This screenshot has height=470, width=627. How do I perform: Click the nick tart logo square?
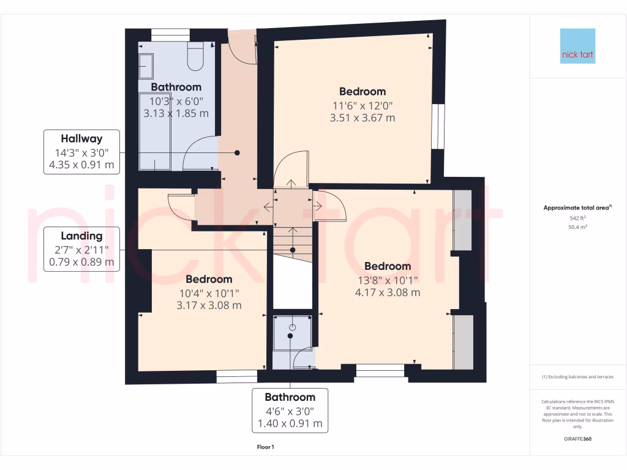[577, 46]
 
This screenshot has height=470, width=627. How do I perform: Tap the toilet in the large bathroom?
[196, 56]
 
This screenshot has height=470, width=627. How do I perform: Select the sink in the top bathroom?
[147, 64]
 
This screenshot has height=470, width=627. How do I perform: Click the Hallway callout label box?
[81, 152]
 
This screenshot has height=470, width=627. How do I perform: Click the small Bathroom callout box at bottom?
[290, 410]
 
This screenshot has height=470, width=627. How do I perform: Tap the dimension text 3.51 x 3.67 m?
[362, 117]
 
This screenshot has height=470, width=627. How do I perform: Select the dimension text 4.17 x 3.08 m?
[388, 292]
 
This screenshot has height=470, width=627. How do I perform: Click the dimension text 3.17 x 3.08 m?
[209, 305]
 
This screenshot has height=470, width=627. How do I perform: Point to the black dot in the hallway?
[237, 153]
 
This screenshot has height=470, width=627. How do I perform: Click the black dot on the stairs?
[293, 250]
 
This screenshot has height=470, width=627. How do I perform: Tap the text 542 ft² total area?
[577, 218]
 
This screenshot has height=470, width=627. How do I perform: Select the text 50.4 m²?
[577, 227]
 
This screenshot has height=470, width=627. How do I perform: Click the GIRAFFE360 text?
[577, 439]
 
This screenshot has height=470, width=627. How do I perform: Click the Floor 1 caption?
[265, 447]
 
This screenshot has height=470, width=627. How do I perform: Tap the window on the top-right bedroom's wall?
[438, 125]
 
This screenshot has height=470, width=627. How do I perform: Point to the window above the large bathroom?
[171, 35]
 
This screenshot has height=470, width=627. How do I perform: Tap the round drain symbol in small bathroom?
[292, 327]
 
